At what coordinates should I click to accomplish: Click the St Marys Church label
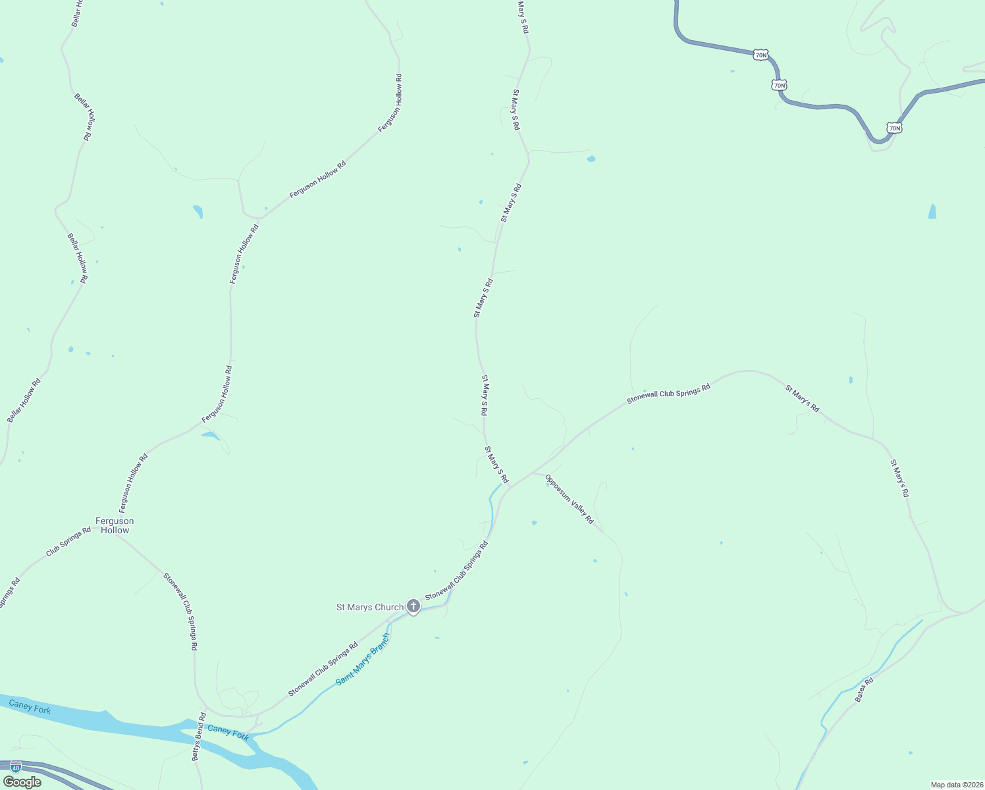[x=369, y=607]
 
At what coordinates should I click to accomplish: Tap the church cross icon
[x=413, y=606]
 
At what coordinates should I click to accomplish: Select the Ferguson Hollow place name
[x=115, y=525]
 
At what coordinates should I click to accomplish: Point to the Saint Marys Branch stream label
[x=363, y=660]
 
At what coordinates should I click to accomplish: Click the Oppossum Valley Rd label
[x=569, y=500]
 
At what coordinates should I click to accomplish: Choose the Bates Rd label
[x=864, y=690]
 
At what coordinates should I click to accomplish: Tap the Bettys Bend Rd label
[x=200, y=737]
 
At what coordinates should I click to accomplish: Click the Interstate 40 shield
[x=16, y=767]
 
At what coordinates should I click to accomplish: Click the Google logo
[x=22, y=782]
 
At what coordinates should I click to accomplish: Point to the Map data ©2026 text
[x=956, y=785]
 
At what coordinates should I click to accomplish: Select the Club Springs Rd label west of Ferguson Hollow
[x=68, y=542]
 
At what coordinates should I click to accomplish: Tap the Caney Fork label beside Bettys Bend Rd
[x=228, y=732]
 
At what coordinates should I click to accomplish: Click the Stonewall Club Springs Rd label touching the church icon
[x=456, y=571]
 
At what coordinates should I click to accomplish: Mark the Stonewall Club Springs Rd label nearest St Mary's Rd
[x=668, y=394]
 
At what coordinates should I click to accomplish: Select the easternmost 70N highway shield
[x=893, y=128]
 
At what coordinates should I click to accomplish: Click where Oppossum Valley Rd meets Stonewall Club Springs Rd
[x=533, y=472]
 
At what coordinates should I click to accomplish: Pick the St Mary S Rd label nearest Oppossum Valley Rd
[x=496, y=465]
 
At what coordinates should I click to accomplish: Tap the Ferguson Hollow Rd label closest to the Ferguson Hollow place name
[x=133, y=483]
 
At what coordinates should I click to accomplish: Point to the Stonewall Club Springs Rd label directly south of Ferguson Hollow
[x=180, y=612]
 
